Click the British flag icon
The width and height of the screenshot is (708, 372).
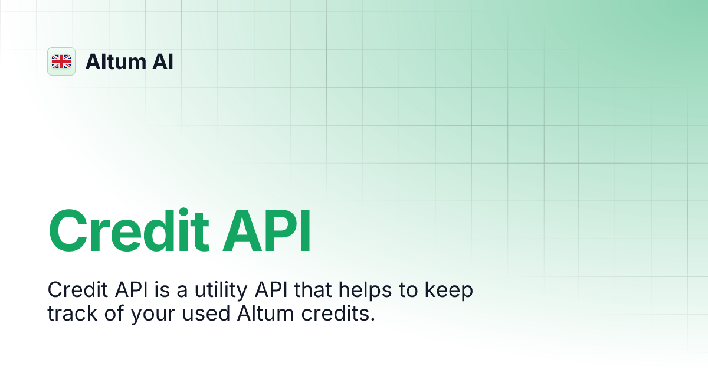pos(61,61)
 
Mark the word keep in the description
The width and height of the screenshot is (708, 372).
pos(447,291)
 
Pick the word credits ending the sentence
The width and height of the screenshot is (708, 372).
pos(339,314)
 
